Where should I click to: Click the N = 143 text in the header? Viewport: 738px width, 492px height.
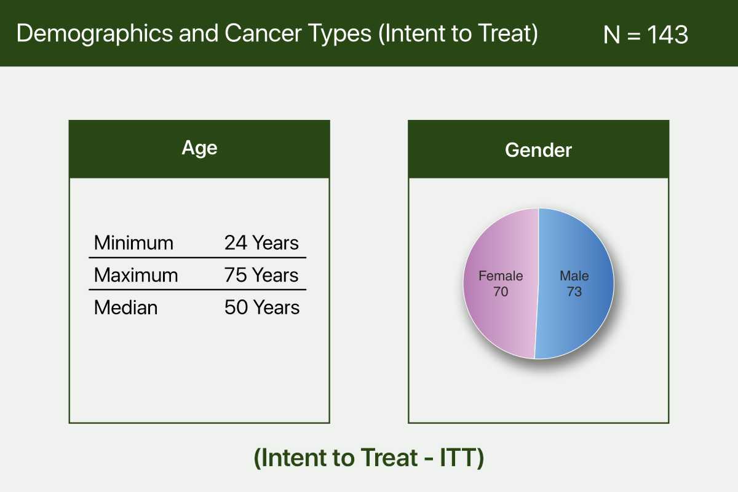[x=645, y=34]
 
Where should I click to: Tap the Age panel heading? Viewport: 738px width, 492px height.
[x=199, y=148]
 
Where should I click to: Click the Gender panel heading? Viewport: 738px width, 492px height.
[x=538, y=150]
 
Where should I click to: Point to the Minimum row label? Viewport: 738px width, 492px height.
[x=133, y=243]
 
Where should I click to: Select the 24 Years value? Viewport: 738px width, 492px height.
[x=261, y=243]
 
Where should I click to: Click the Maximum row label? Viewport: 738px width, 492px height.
[x=136, y=275]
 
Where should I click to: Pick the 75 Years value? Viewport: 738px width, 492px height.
[x=261, y=275]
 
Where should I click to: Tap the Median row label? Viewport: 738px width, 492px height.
[x=125, y=307]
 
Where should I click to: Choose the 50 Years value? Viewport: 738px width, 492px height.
[x=262, y=307]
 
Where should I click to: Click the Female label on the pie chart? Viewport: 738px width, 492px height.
[x=501, y=276]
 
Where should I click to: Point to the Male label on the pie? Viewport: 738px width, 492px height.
[x=574, y=276]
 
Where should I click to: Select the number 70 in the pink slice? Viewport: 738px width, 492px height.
[x=501, y=292]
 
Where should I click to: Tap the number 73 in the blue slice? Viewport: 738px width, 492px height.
[x=574, y=292]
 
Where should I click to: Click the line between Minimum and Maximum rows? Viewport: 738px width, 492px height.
[x=197, y=258]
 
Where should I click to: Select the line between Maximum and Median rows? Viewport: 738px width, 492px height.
[x=197, y=290]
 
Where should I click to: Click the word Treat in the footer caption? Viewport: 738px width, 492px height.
[x=389, y=458]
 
